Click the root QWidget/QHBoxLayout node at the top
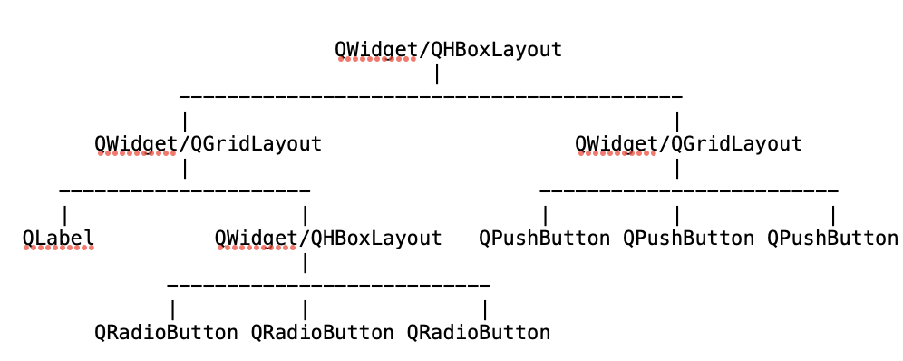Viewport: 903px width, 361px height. (448, 49)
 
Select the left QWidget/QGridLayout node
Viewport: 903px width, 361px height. (208, 143)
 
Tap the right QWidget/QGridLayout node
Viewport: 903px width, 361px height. (688, 143)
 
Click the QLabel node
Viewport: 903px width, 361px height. (58, 239)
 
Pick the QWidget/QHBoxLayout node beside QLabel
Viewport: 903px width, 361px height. (328, 239)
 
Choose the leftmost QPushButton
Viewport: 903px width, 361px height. (544, 239)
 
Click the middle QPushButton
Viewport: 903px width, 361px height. (688, 239)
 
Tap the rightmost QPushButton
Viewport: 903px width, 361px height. (832, 239)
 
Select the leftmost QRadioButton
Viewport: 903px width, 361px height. (166, 333)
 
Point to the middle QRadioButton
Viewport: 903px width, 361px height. (322, 333)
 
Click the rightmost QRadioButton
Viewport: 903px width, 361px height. (478, 333)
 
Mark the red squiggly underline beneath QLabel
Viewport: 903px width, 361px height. (59, 248)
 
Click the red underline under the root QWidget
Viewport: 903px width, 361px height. (377, 59)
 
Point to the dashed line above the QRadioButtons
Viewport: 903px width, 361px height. (328, 285)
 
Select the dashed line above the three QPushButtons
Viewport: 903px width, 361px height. (688, 190)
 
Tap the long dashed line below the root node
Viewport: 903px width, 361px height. (431, 95)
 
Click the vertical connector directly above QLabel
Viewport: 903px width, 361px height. (64, 215)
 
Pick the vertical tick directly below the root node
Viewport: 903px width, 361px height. (437, 73)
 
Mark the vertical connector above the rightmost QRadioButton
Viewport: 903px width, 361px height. (485, 309)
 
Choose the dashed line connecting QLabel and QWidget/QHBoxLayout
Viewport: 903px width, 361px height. (184, 190)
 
